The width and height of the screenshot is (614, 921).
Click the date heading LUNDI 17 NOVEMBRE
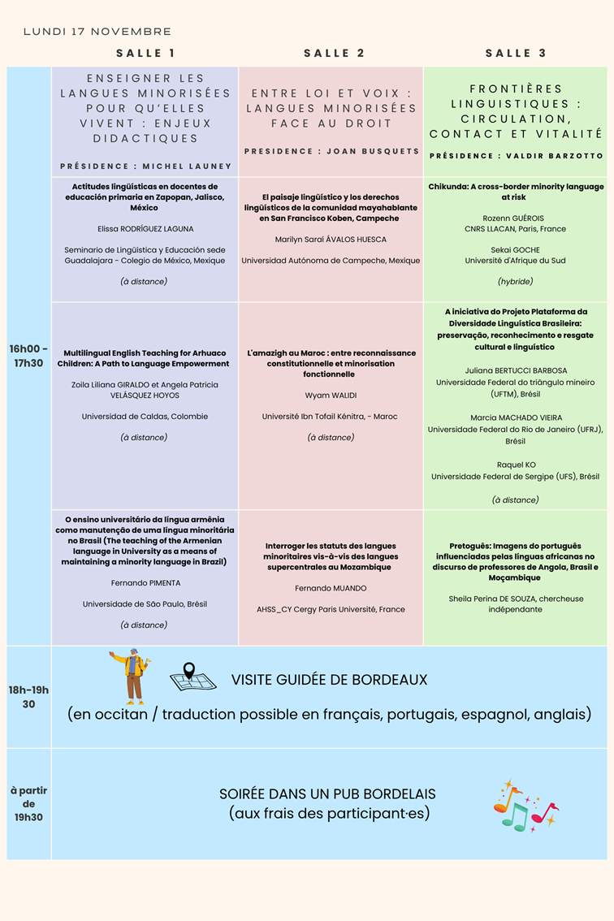click(x=97, y=32)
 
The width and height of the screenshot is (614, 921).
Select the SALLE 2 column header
click(x=334, y=54)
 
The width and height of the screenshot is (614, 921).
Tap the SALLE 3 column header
click(x=516, y=54)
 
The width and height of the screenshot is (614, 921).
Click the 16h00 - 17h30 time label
click(x=28, y=356)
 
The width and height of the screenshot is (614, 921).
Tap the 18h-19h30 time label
click(x=28, y=697)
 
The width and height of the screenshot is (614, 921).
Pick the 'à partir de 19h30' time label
click(x=28, y=803)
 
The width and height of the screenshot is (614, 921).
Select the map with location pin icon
click(x=192, y=677)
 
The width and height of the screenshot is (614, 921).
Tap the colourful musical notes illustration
click(x=525, y=806)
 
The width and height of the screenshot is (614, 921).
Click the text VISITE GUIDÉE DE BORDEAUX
click(x=329, y=680)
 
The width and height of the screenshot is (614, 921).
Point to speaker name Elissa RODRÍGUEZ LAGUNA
click(x=145, y=229)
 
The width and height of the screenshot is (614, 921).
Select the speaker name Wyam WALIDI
click(x=330, y=396)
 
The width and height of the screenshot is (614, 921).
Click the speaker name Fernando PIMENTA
click(x=145, y=583)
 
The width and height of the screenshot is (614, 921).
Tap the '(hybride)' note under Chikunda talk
click(x=515, y=281)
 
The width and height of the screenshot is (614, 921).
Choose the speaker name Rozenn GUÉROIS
click(x=515, y=218)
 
